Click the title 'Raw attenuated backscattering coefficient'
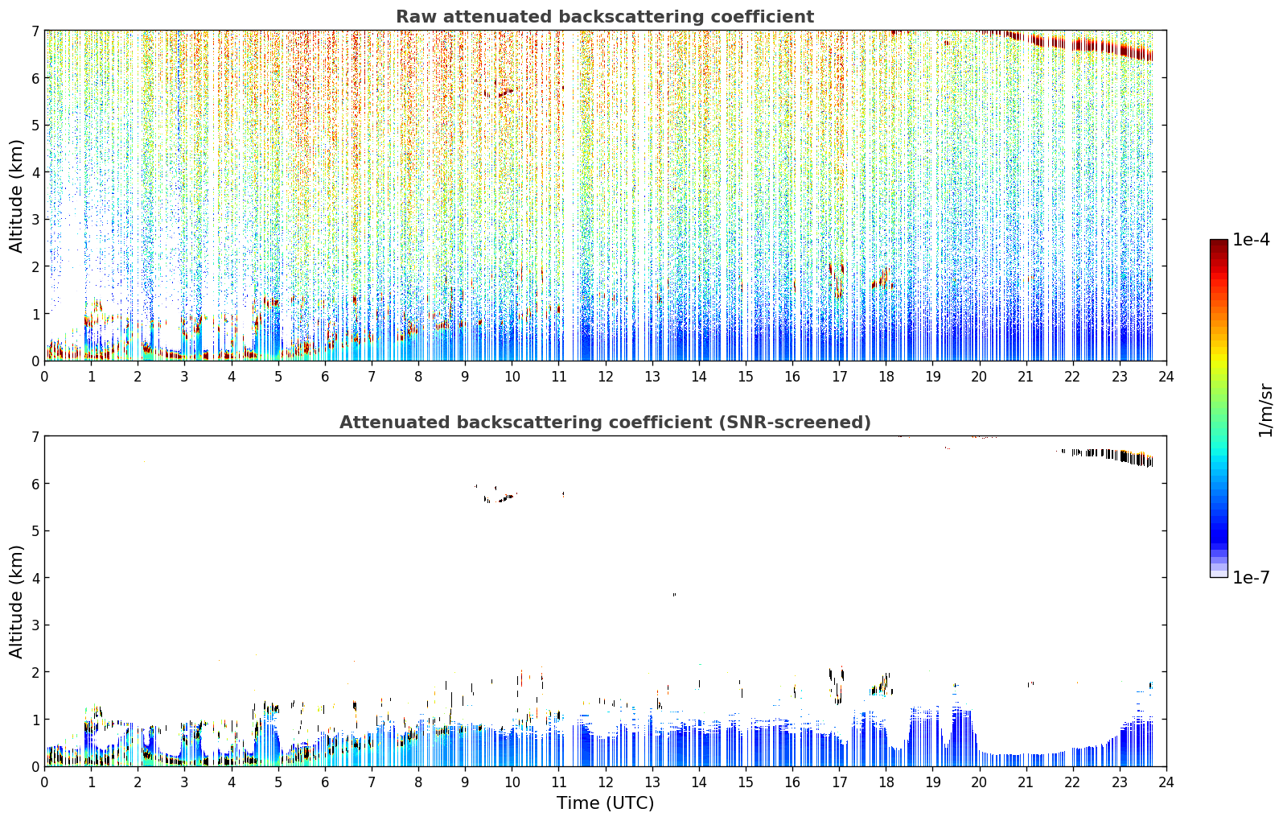(x=605, y=17)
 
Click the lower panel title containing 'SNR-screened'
(x=605, y=423)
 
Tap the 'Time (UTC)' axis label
(x=605, y=803)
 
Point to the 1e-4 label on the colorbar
(x=1251, y=240)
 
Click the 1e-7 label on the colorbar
(x=1251, y=577)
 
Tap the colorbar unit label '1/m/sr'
(x=1265, y=410)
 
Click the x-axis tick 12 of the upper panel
(x=606, y=377)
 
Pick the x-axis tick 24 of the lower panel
(x=1166, y=782)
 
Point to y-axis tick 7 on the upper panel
(x=35, y=31)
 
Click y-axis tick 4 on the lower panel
(x=35, y=578)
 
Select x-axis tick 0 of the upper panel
(x=45, y=377)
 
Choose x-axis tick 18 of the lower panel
(x=886, y=782)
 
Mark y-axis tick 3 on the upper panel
(x=35, y=220)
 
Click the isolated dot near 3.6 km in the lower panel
(x=674, y=595)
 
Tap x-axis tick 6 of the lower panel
(x=325, y=782)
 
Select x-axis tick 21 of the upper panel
(x=1026, y=377)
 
